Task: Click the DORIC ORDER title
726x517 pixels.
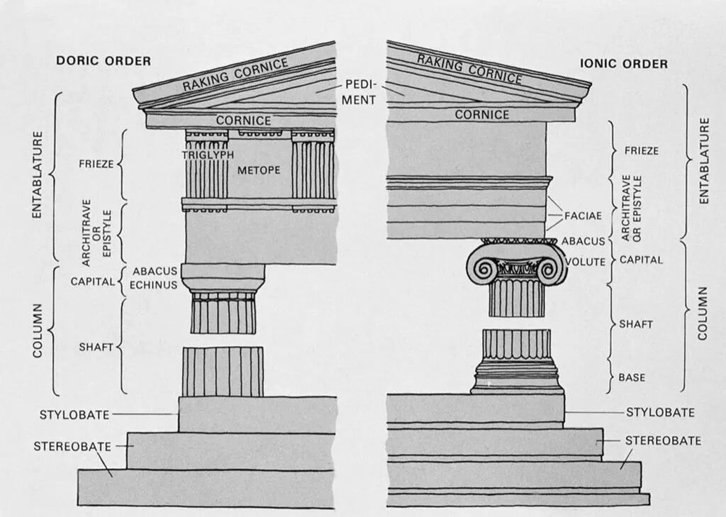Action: [x=104, y=61]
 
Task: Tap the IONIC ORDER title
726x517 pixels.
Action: [x=624, y=64]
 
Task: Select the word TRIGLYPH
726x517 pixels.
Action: [x=207, y=154]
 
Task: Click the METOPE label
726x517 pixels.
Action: [x=259, y=170]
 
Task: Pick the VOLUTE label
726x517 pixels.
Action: [x=586, y=262]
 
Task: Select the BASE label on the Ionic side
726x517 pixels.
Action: [x=632, y=377]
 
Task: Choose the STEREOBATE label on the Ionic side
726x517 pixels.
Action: [x=662, y=440]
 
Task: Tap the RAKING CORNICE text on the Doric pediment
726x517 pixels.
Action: [x=235, y=74]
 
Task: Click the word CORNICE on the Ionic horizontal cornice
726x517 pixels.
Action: [x=482, y=114]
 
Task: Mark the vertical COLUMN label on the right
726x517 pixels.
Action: [x=702, y=313]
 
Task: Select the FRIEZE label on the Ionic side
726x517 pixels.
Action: [x=641, y=150]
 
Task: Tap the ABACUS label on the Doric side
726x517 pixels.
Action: [x=155, y=271]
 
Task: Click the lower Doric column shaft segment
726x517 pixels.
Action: [x=223, y=371]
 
